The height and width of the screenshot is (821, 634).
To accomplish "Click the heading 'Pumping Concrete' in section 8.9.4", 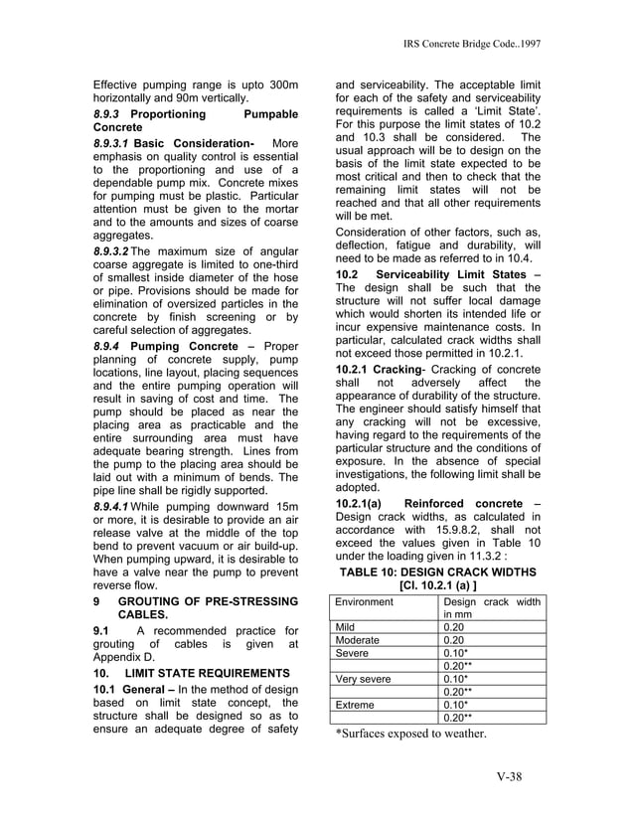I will (x=185, y=346).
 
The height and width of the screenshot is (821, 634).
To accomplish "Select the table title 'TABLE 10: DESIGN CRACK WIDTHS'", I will (x=438, y=572).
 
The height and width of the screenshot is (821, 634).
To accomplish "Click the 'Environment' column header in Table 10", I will (x=364, y=602).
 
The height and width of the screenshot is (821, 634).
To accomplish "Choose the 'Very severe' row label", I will (x=364, y=680).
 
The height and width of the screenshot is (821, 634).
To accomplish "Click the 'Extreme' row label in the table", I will (x=356, y=705).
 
